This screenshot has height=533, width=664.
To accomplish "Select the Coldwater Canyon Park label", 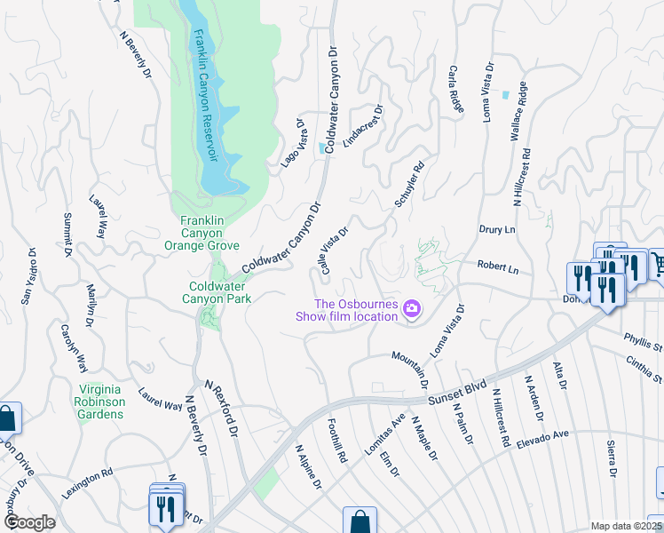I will (x=219, y=292).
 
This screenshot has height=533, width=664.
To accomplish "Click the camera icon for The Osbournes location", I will (x=412, y=310).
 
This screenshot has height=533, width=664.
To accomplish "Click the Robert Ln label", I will (x=496, y=265).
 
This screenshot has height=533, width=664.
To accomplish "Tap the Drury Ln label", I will (x=496, y=229).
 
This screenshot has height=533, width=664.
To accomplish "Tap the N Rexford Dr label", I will (x=222, y=410).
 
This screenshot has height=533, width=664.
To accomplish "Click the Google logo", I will (x=28, y=522).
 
